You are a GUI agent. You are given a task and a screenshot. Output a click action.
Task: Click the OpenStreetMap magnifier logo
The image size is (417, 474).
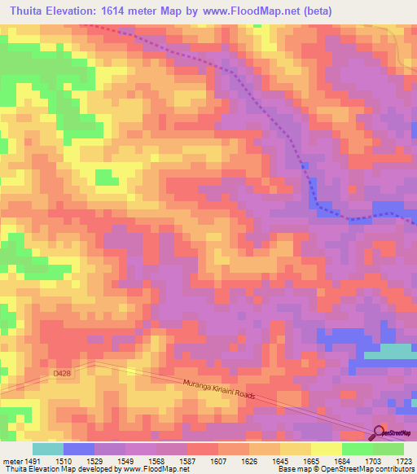pos(379,433)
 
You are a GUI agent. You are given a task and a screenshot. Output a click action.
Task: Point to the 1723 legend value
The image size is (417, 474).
pos(404,461)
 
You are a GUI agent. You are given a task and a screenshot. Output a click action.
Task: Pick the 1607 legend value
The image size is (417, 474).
pos(217,461)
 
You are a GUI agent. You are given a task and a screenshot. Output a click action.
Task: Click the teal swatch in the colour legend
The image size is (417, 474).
pos(47,449)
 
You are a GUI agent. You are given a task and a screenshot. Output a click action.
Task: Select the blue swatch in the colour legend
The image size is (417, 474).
pos(78,449)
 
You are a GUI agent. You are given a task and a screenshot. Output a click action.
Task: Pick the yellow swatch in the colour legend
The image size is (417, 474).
pos(326,449)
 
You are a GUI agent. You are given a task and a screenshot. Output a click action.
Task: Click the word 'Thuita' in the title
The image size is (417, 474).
pos(24,11)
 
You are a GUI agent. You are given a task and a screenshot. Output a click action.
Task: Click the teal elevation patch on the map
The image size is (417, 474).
pos(390,351)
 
